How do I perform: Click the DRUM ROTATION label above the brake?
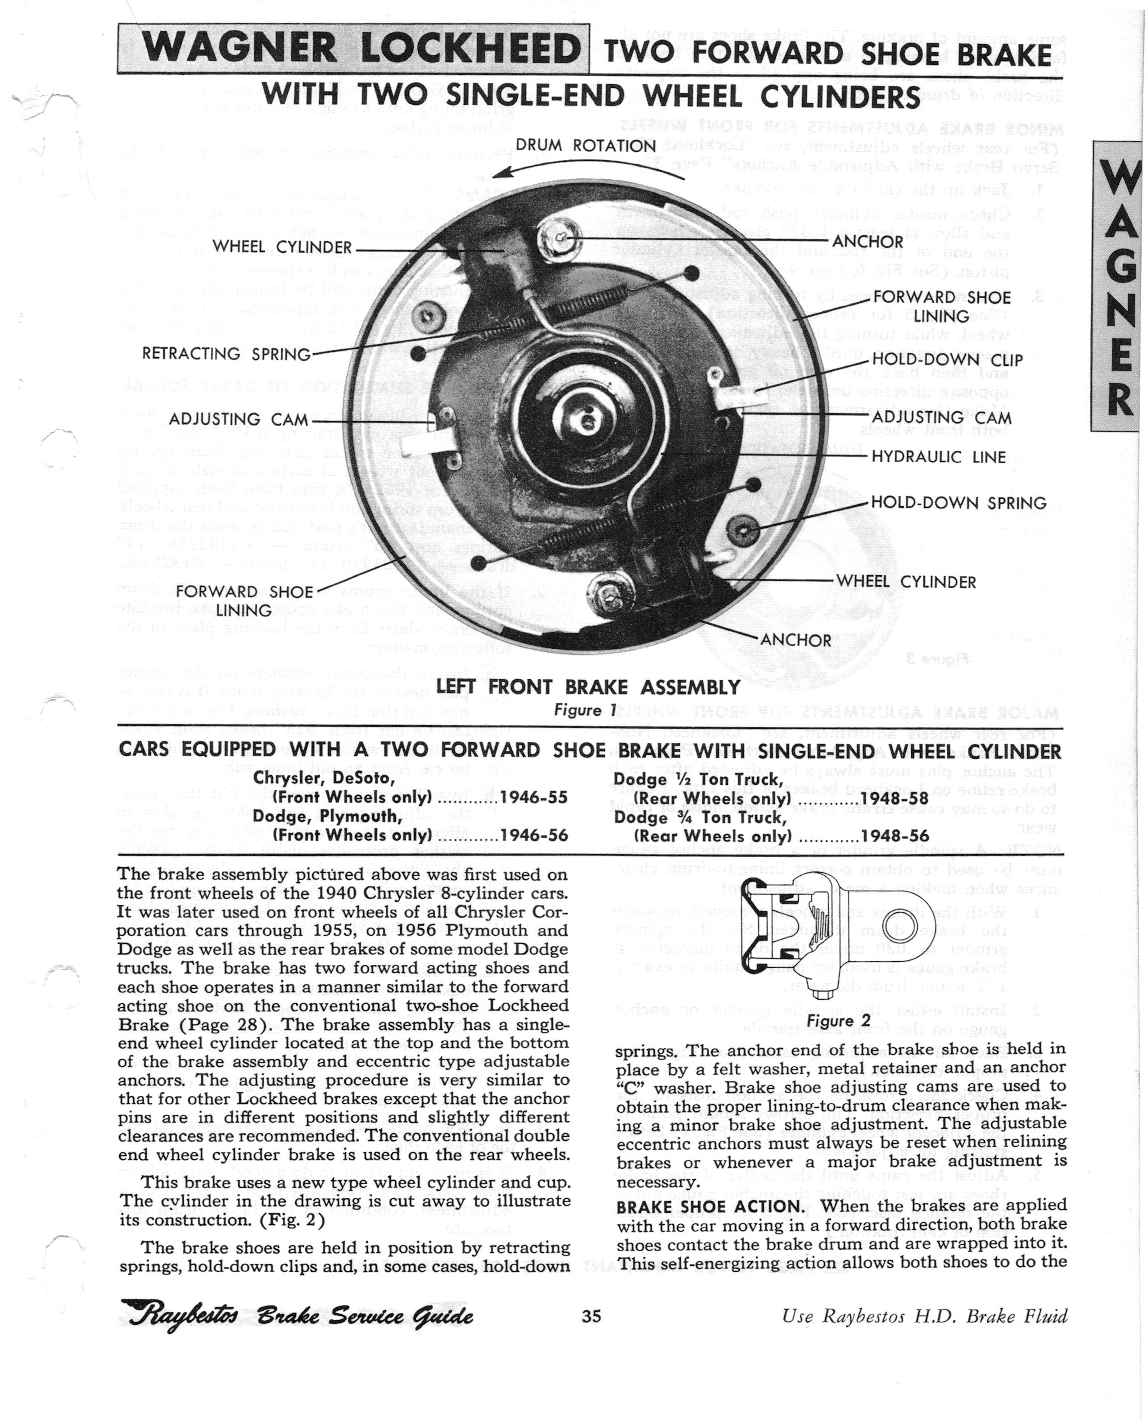point(585,146)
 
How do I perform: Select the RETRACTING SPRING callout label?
point(226,354)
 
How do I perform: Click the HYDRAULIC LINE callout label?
point(938,457)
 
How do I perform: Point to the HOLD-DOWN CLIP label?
point(947,360)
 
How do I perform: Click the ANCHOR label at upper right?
point(867,241)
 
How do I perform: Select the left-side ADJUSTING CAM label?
point(238,419)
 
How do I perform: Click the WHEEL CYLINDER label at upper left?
point(282,247)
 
